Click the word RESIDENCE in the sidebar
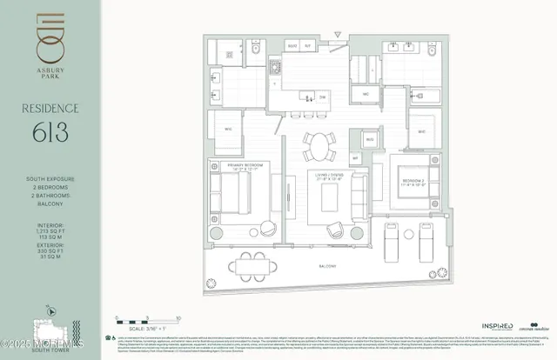tap(50, 109)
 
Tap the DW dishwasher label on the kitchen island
tap(322, 97)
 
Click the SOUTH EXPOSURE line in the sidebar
tap(50, 178)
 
